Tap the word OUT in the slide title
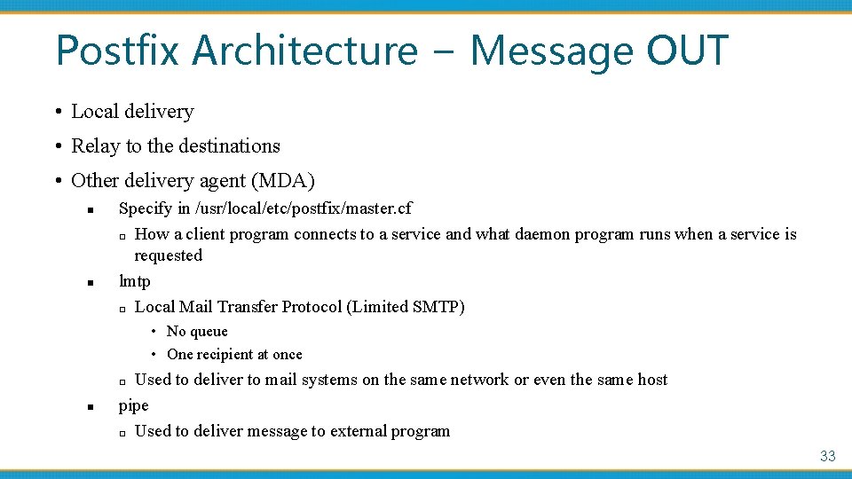(687, 51)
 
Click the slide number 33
(827, 456)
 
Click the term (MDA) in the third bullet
(283, 181)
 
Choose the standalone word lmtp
(135, 281)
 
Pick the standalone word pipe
(134, 405)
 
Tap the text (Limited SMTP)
(406, 307)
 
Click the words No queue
(197, 332)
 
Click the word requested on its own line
(169, 255)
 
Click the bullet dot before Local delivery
(57, 113)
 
